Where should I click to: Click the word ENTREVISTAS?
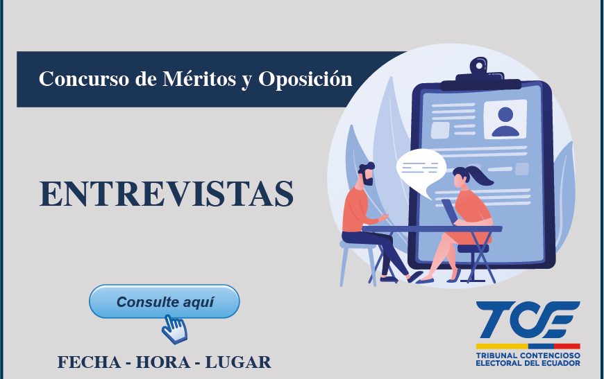[x=167, y=193]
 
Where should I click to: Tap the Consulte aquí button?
[x=165, y=301]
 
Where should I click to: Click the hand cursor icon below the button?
[x=174, y=328]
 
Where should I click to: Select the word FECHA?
[x=89, y=362]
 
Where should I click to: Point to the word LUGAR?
[x=238, y=362]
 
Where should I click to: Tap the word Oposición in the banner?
[x=305, y=79]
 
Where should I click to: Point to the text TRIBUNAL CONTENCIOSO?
[x=528, y=355]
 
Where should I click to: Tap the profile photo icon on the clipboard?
[x=505, y=119]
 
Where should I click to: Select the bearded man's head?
[x=366, y=174]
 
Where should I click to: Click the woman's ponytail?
[x=482, y=176]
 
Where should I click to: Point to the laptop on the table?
[x=450, y=211]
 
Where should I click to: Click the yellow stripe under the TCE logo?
[x=502, y=346]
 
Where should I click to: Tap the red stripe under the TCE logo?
[x=567, y=346]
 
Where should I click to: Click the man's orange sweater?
[x=356, y=211]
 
